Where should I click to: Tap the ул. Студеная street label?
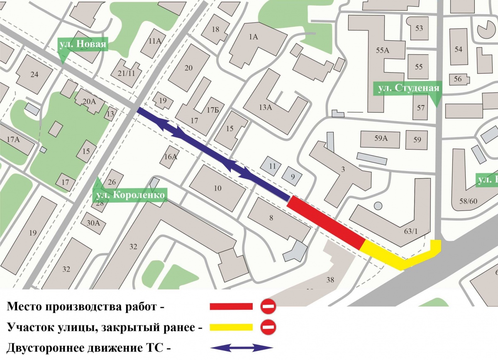[x=408, y=88]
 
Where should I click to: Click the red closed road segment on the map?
[x=326, y=222]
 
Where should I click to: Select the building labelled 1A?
[x=253, y=37]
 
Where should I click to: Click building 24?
[x=34, y=74]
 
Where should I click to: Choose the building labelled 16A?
[x=171, y=157]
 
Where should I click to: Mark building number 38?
[x=330, y=280]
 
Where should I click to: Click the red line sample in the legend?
[x=231, y=306]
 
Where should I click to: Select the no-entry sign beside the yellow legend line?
[x=268, y=327]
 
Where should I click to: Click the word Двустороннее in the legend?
[x=44, y=348]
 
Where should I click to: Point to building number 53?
[x=419, y=28]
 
